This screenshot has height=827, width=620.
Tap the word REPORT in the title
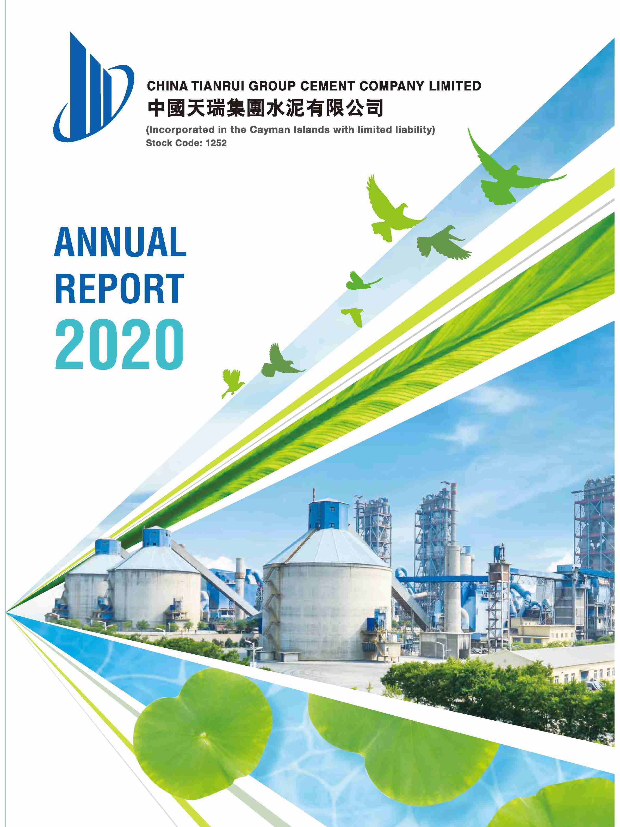point(120,288)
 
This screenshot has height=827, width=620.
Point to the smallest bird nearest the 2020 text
point(232,382)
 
